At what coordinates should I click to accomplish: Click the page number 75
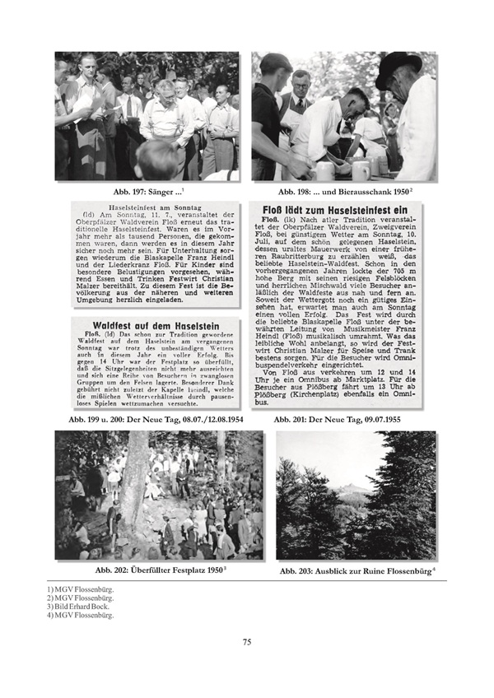pyautogui.click(x=246, y=642)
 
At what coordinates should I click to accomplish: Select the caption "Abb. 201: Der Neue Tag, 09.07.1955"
pyautogui.click(x=344, y=421)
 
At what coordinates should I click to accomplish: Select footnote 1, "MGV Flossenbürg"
pyautogui.click(x=81, y=589)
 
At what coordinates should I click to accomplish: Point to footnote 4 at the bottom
pyautogui.click(x=81, y=614)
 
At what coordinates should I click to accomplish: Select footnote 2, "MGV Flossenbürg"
pyautogui.click(x=81, y=598)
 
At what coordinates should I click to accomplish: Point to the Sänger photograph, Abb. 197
pyautogui.click(x=147, y=116)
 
